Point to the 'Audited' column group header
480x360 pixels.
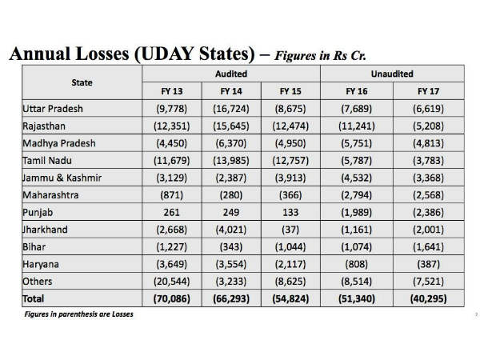point(231,73)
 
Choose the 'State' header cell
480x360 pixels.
point(82,82)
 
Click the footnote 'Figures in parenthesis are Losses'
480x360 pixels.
point(78,314)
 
